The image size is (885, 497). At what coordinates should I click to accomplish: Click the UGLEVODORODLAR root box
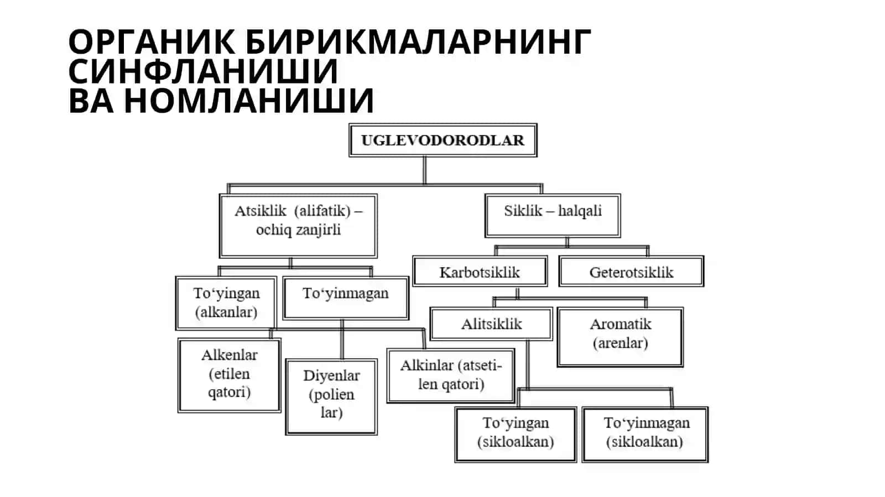tap(443, 140)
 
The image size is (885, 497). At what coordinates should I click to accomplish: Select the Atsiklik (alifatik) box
tap(298, 226)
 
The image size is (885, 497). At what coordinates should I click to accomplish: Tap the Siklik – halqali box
tap(553, 216)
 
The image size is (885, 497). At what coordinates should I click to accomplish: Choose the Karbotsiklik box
tap(480, 271)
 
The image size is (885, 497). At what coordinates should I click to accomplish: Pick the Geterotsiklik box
tap(631, 271)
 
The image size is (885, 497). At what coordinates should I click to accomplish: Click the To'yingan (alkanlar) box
tap(226, 303)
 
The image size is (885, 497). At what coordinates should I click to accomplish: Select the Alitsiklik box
tap(491, 324)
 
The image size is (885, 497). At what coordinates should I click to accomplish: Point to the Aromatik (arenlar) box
tap(620, 337)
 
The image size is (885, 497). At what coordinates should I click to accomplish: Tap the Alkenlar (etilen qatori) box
tap(229, 375)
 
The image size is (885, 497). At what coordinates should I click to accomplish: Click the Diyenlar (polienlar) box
tap(331, 397)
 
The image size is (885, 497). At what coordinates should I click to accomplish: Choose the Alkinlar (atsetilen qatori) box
tap(451, 375)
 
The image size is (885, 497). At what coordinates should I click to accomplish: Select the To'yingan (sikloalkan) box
tap(516, 434)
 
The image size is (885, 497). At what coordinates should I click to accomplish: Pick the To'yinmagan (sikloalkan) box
tap(645, 434)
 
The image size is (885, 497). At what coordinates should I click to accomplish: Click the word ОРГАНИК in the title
tap(152, 41)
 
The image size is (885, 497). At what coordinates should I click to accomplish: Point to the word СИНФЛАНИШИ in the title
tap(203, 71)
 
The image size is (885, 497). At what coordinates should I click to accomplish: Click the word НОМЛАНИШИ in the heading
tap(249, 100)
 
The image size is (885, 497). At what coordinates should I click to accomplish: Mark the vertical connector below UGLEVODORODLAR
tap(425, 170)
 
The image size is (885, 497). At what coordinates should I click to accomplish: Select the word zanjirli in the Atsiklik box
tap(318, 230)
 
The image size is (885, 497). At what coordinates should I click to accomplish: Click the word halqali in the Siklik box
tap(580, 211)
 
